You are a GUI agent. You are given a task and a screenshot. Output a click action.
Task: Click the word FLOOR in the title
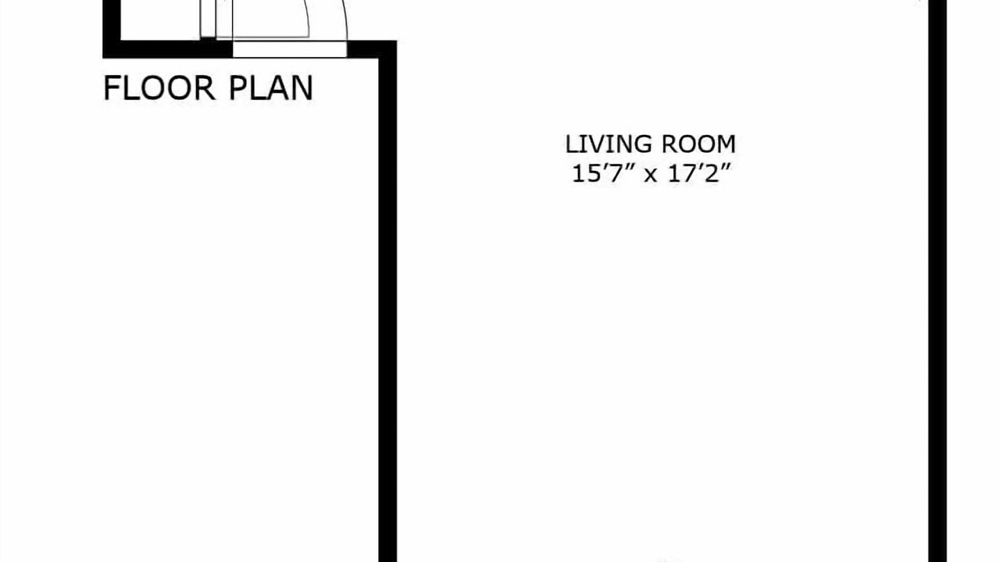click(x=159, y=88)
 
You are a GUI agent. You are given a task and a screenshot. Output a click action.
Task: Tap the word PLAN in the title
click(x=270, y=88)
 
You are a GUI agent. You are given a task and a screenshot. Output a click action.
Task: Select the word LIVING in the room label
click(x=608, y=144)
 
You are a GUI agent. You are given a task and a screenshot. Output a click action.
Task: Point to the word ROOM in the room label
click(x=698, y=144)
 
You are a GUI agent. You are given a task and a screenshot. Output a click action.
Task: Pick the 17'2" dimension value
click(x=698, y=173)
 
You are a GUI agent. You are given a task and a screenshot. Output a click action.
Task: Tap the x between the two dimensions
click(x=651, y=176)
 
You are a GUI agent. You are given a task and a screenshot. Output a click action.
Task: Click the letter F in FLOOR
click(x=112, y=88)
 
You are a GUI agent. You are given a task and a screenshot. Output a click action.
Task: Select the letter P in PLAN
click(x=238, y=88)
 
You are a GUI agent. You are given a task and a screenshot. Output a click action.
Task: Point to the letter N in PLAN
click(x=302, y=88)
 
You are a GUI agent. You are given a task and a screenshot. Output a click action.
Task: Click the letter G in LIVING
click(x=642, y=144)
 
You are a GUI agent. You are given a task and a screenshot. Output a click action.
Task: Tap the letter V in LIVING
click(x=595, y=144)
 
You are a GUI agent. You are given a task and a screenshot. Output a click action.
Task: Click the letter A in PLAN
click(x=279, y=88)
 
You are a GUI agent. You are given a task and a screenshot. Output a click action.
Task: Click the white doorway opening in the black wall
click(x=290, y=49)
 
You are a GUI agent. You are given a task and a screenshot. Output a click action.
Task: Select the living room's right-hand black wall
click(x=937, y=281)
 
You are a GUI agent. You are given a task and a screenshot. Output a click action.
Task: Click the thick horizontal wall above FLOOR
click(x=168, y=49)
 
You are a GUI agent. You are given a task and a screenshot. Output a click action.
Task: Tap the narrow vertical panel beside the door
click(x=208, y=19)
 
